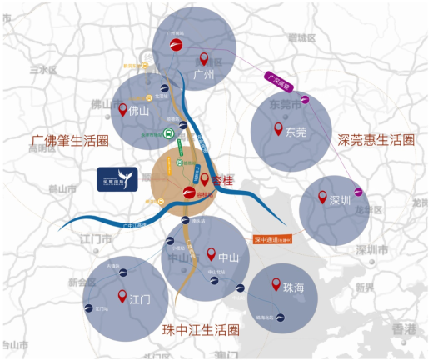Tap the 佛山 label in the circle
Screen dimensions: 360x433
point(137,110)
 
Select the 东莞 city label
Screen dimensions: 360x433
point(296,132)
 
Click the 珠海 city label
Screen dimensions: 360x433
point(294,287)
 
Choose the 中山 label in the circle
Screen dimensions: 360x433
point(227,257)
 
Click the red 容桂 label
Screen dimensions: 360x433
point(221,179)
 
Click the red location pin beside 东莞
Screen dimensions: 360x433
point(278,129)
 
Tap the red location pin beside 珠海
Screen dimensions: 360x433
point(276,285)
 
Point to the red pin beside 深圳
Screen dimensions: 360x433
point(323,197)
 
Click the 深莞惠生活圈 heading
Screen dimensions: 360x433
point(376,139)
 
